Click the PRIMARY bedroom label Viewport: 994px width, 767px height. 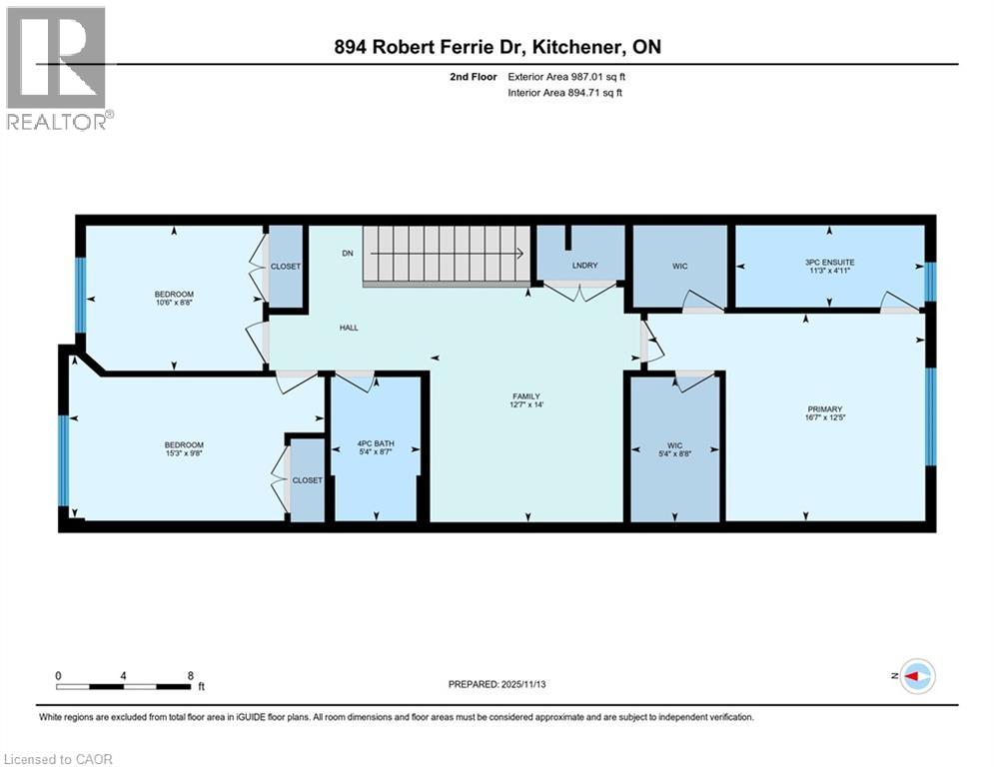coord(826,408)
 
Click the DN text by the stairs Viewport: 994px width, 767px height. coord(348,254)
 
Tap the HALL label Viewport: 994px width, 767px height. coord(349,327)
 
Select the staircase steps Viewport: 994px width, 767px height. coord(446,254)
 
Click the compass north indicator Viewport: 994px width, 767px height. coord(916,676)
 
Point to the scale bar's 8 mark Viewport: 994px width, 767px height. coord(190,675)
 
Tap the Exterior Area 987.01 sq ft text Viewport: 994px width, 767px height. coord(566,76)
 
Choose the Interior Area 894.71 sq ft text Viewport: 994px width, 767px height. coord(565,93)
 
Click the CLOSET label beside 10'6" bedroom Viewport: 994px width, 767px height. coord(285,267)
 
